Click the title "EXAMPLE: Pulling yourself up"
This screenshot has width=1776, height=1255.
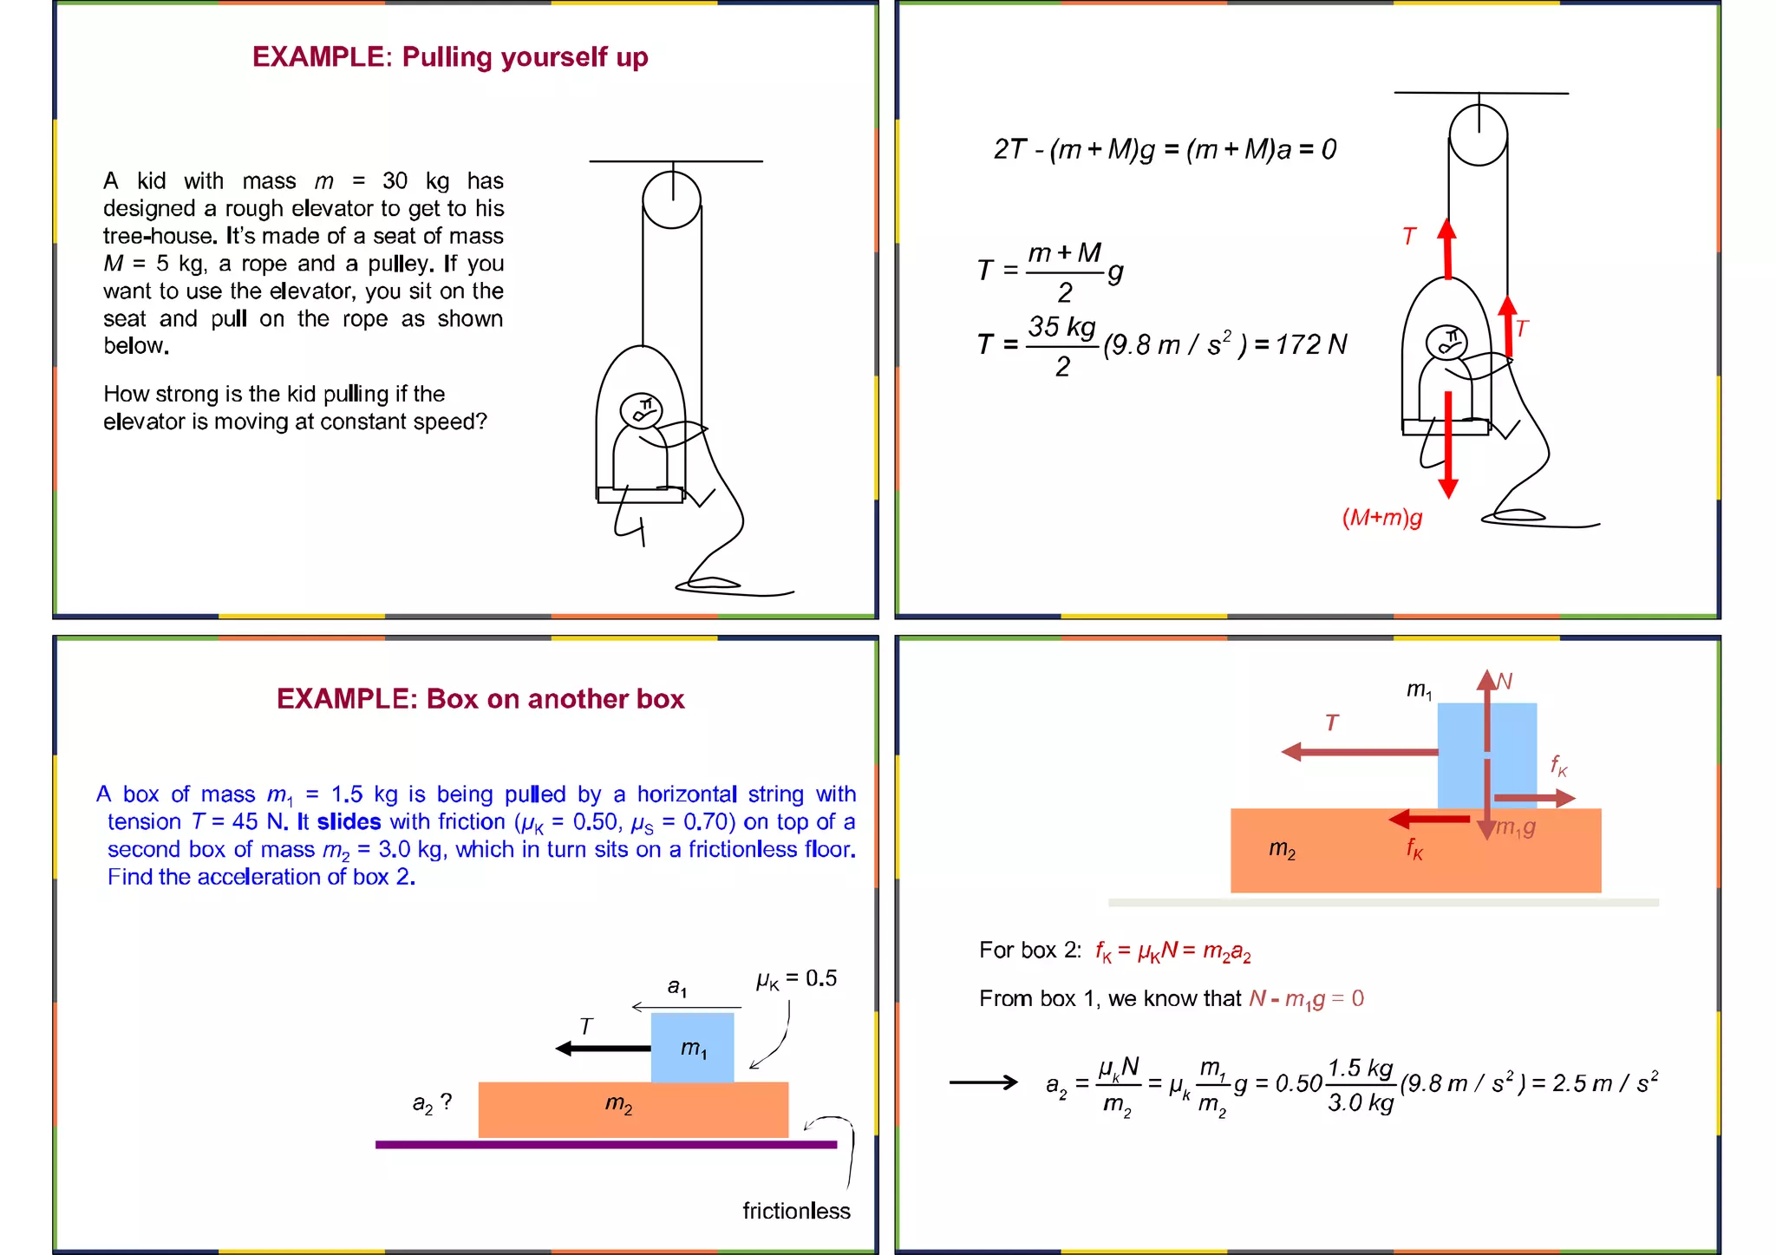[450, 57]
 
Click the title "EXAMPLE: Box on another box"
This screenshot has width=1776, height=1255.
[480, 699]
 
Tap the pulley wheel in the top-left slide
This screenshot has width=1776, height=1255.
[672, 199]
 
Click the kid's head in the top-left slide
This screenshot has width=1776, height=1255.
[642, 411]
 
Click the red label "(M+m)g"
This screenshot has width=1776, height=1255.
[1382, 518]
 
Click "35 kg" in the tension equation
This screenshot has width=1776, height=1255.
[1062, 327]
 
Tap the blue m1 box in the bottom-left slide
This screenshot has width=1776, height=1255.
[692, 1048]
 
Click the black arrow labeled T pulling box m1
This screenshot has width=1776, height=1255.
[604, 1049]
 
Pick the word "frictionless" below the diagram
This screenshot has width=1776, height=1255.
[796, 1211]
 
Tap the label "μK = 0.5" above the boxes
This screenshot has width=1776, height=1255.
[796, 979]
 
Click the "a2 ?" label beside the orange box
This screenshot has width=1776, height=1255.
[432, 1102]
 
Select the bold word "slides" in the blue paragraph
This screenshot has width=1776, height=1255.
[349, 821]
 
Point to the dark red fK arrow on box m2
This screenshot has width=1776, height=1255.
[1429, 819]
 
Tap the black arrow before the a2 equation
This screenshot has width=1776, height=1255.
[983, 1082]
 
